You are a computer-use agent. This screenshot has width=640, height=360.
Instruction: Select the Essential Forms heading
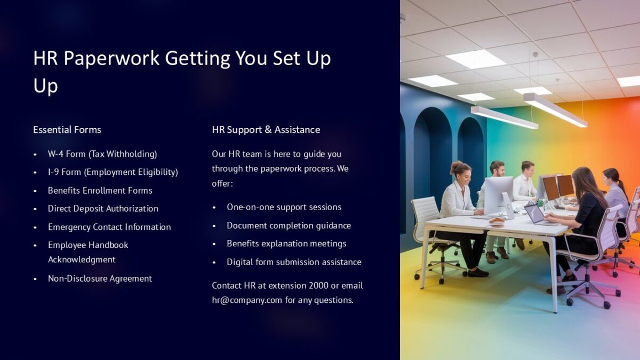pos(67,130)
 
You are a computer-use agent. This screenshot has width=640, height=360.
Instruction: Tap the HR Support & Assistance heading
pos(266,130)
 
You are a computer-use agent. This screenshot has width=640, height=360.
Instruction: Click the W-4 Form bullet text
pos(102,154)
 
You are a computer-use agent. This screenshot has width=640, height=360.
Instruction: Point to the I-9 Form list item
pos(113,172)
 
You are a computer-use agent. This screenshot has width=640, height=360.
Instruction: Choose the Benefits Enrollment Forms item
pos(100,190)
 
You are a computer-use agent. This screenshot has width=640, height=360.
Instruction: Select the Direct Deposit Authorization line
pos(103,209)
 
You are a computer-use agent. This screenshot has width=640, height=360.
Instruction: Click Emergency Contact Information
pos(109,227)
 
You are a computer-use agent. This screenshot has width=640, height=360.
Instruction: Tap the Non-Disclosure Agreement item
pos(100,278)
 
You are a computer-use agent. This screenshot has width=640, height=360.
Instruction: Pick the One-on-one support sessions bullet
pos(284,207)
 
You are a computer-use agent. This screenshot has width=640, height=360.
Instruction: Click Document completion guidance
pos(289,226)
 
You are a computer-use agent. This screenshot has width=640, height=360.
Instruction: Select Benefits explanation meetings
pos(286,244)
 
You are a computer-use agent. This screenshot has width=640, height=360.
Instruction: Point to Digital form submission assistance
pos(294,262)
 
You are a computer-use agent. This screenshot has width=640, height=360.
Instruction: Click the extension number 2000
pos(318,285)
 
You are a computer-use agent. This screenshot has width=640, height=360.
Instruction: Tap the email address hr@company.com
pos(247,300)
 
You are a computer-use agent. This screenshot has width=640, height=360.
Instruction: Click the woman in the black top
pos(581,213)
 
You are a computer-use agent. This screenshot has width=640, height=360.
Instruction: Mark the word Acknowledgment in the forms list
pos(82,260)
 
